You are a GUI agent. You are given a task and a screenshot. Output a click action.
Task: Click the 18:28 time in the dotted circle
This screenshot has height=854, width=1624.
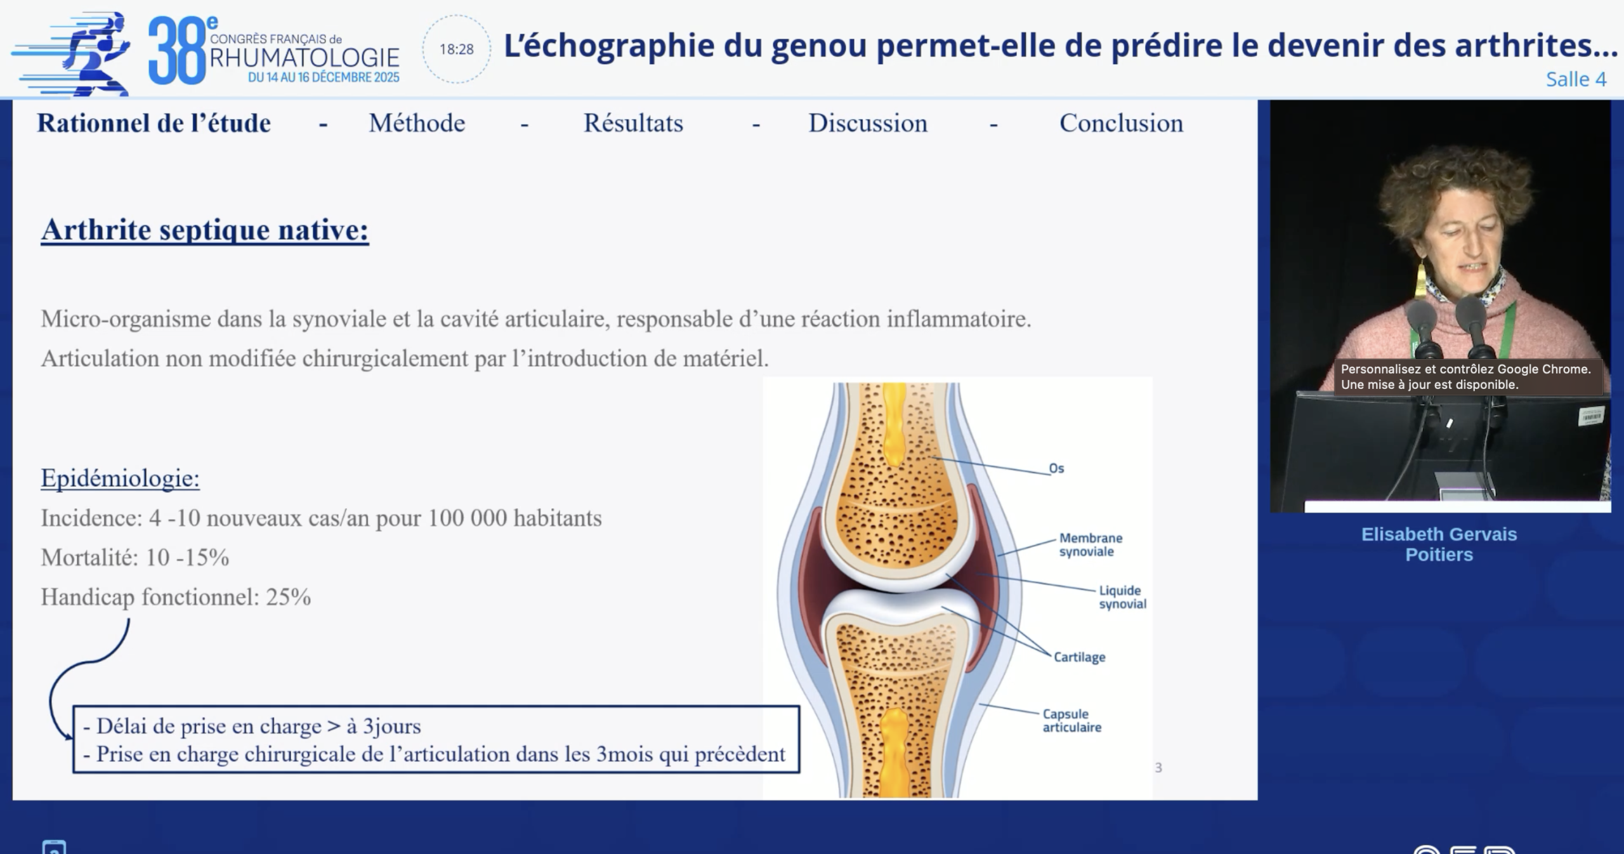point(457,49)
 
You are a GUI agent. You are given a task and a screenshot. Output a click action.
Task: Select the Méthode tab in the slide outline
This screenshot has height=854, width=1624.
point(417,123)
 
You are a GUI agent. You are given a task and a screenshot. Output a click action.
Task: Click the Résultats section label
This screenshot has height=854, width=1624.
point(633,123)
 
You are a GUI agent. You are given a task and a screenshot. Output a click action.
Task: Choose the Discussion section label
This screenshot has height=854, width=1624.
point(868,123)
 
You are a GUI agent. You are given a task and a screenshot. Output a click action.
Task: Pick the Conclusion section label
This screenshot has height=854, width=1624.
point(1122,123)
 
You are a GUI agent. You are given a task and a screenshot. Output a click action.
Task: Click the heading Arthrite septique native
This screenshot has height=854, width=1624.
point(205,230)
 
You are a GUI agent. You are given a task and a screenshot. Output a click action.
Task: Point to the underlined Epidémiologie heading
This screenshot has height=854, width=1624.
point(120,478)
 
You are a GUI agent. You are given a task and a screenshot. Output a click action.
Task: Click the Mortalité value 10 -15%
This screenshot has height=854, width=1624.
point(188,558)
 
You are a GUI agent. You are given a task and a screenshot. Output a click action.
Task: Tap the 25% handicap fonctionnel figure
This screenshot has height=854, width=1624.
point(288,597)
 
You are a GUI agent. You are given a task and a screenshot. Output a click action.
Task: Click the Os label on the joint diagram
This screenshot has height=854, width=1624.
point(1056,468)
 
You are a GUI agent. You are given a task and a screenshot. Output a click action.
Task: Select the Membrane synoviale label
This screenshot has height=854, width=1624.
point(1090,545)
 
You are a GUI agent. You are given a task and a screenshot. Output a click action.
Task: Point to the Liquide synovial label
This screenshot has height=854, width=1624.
point(1122,598)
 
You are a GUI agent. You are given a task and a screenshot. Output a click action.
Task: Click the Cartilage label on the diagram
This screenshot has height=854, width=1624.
point(1080,657)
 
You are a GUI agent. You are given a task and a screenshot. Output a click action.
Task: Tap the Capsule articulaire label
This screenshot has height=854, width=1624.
point(1071,721)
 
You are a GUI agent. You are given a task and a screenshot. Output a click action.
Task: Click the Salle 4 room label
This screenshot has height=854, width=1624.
point(1576,79)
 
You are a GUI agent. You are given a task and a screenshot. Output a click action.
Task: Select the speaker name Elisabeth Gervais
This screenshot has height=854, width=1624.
point(1439,534)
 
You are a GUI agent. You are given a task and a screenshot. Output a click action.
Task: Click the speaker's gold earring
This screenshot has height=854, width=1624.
point(1421,279)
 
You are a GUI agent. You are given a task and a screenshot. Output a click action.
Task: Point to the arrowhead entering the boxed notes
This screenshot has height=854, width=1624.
point(67,735)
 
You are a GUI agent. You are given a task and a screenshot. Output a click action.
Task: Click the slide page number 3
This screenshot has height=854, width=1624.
point(1158,768)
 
